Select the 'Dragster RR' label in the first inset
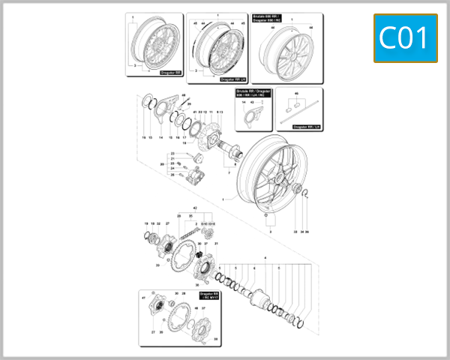click(170, 73)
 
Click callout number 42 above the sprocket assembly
click(195, 206)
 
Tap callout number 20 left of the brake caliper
click(161, 163)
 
